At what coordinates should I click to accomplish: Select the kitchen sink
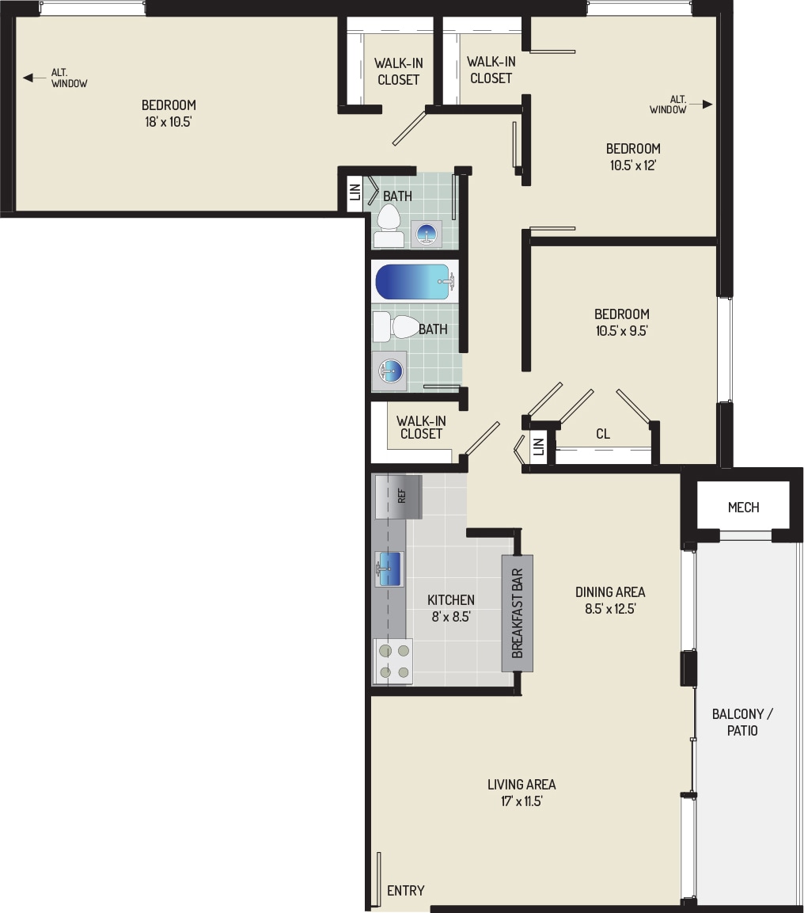389,569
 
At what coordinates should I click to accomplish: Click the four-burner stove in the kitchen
393,661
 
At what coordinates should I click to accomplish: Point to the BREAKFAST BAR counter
517,613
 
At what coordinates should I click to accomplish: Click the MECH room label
743,507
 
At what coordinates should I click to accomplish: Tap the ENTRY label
405,890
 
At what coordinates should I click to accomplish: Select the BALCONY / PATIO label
742,721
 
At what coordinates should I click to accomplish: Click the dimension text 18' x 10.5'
168,122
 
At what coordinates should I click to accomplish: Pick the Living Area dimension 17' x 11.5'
521,801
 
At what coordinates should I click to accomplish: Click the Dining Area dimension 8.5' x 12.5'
609,609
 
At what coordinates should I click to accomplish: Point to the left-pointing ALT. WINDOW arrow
29,78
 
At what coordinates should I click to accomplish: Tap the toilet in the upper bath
388,225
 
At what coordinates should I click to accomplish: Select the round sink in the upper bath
427,234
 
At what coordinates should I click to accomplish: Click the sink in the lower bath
389,371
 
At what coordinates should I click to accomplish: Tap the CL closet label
603,434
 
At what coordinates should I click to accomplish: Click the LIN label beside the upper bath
355,191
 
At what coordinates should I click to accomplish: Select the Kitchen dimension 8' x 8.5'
451,616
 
